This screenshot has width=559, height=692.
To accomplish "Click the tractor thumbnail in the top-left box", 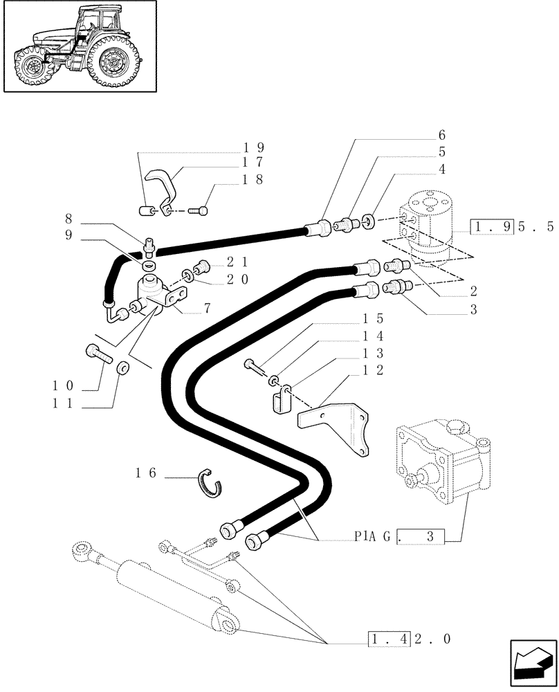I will (79, 46).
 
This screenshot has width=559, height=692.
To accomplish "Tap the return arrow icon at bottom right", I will (533, 665).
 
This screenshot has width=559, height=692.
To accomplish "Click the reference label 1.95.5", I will (512, 227).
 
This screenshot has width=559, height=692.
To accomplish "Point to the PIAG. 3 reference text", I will (398, 535).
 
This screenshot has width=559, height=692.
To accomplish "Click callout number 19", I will (255, 147).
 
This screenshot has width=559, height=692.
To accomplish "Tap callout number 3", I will (473, 310).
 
